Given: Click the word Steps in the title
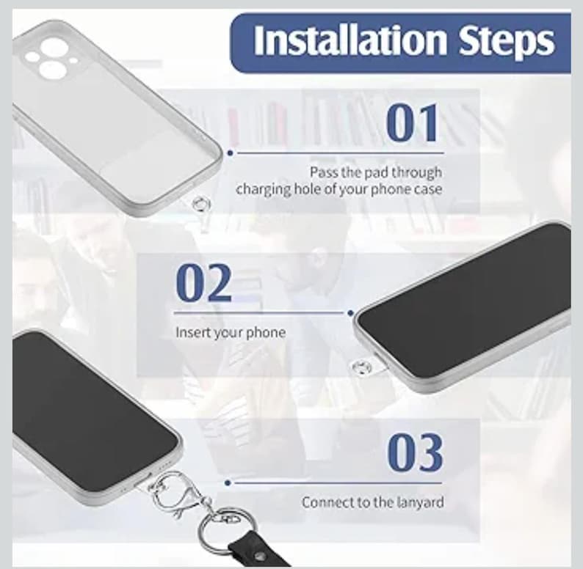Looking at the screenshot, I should [507, 42].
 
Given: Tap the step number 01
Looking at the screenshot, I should [413, 122].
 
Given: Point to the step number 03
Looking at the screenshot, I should [415, 452].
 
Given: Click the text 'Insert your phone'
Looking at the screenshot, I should [230, 332].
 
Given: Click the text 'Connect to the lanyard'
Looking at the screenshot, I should [372, 503].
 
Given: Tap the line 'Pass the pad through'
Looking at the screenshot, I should [375, 172].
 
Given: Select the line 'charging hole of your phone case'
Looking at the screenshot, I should [339, 189].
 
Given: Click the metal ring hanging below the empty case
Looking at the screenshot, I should [198, 204].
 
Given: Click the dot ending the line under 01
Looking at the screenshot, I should [230, 153].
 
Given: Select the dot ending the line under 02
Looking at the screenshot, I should [350, 313].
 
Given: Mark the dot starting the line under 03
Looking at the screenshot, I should [229, 482].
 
